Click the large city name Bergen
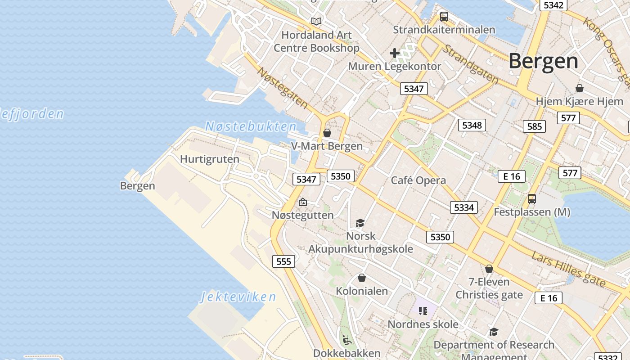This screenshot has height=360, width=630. [x=543, y=61]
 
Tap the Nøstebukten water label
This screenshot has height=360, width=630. [x=251, y=126]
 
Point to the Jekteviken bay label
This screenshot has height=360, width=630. [x=238, y=297]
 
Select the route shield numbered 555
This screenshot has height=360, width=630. [x=283, y=261]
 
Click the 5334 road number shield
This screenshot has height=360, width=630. [x=464, y=207]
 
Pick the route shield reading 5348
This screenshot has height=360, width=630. [x=472, y=125]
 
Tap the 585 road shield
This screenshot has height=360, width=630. [x=534, y=126]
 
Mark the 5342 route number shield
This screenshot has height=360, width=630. [x=553, y=5]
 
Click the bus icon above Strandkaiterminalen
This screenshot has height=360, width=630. [x=444, y=17]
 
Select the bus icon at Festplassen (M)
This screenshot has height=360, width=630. [x=532, y=198]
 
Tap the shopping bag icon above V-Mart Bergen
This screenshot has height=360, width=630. [x=327, y=133]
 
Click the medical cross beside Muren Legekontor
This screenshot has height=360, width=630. [x=395, y=53]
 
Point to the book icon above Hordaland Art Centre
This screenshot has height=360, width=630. [x=316, y=21]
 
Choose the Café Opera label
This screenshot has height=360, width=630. [x=418, y=180]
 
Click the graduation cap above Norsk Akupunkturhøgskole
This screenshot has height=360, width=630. [x=360, y=223]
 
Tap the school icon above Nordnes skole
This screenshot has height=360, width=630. [x=423, y=310]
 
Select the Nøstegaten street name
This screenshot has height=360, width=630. [x=283, y=88]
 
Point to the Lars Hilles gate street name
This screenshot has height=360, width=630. [x=568, y=269]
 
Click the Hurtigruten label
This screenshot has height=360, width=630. [x=210, y=159]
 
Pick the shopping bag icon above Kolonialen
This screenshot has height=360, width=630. [x=361, y=278]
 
